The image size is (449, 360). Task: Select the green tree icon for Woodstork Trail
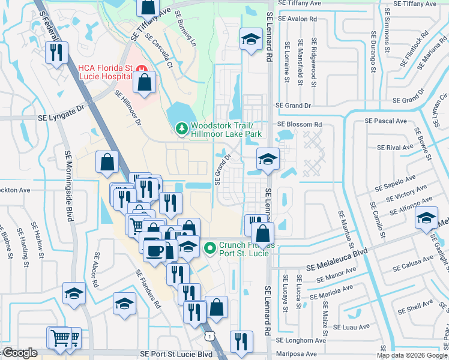(x=181, y=128)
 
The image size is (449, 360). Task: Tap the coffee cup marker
(x=154, y=249)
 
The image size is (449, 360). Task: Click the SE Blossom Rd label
(x=300, y=125)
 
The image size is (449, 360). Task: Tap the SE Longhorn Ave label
(x=301, y=340)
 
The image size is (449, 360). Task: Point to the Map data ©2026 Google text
(x=412, y=355)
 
